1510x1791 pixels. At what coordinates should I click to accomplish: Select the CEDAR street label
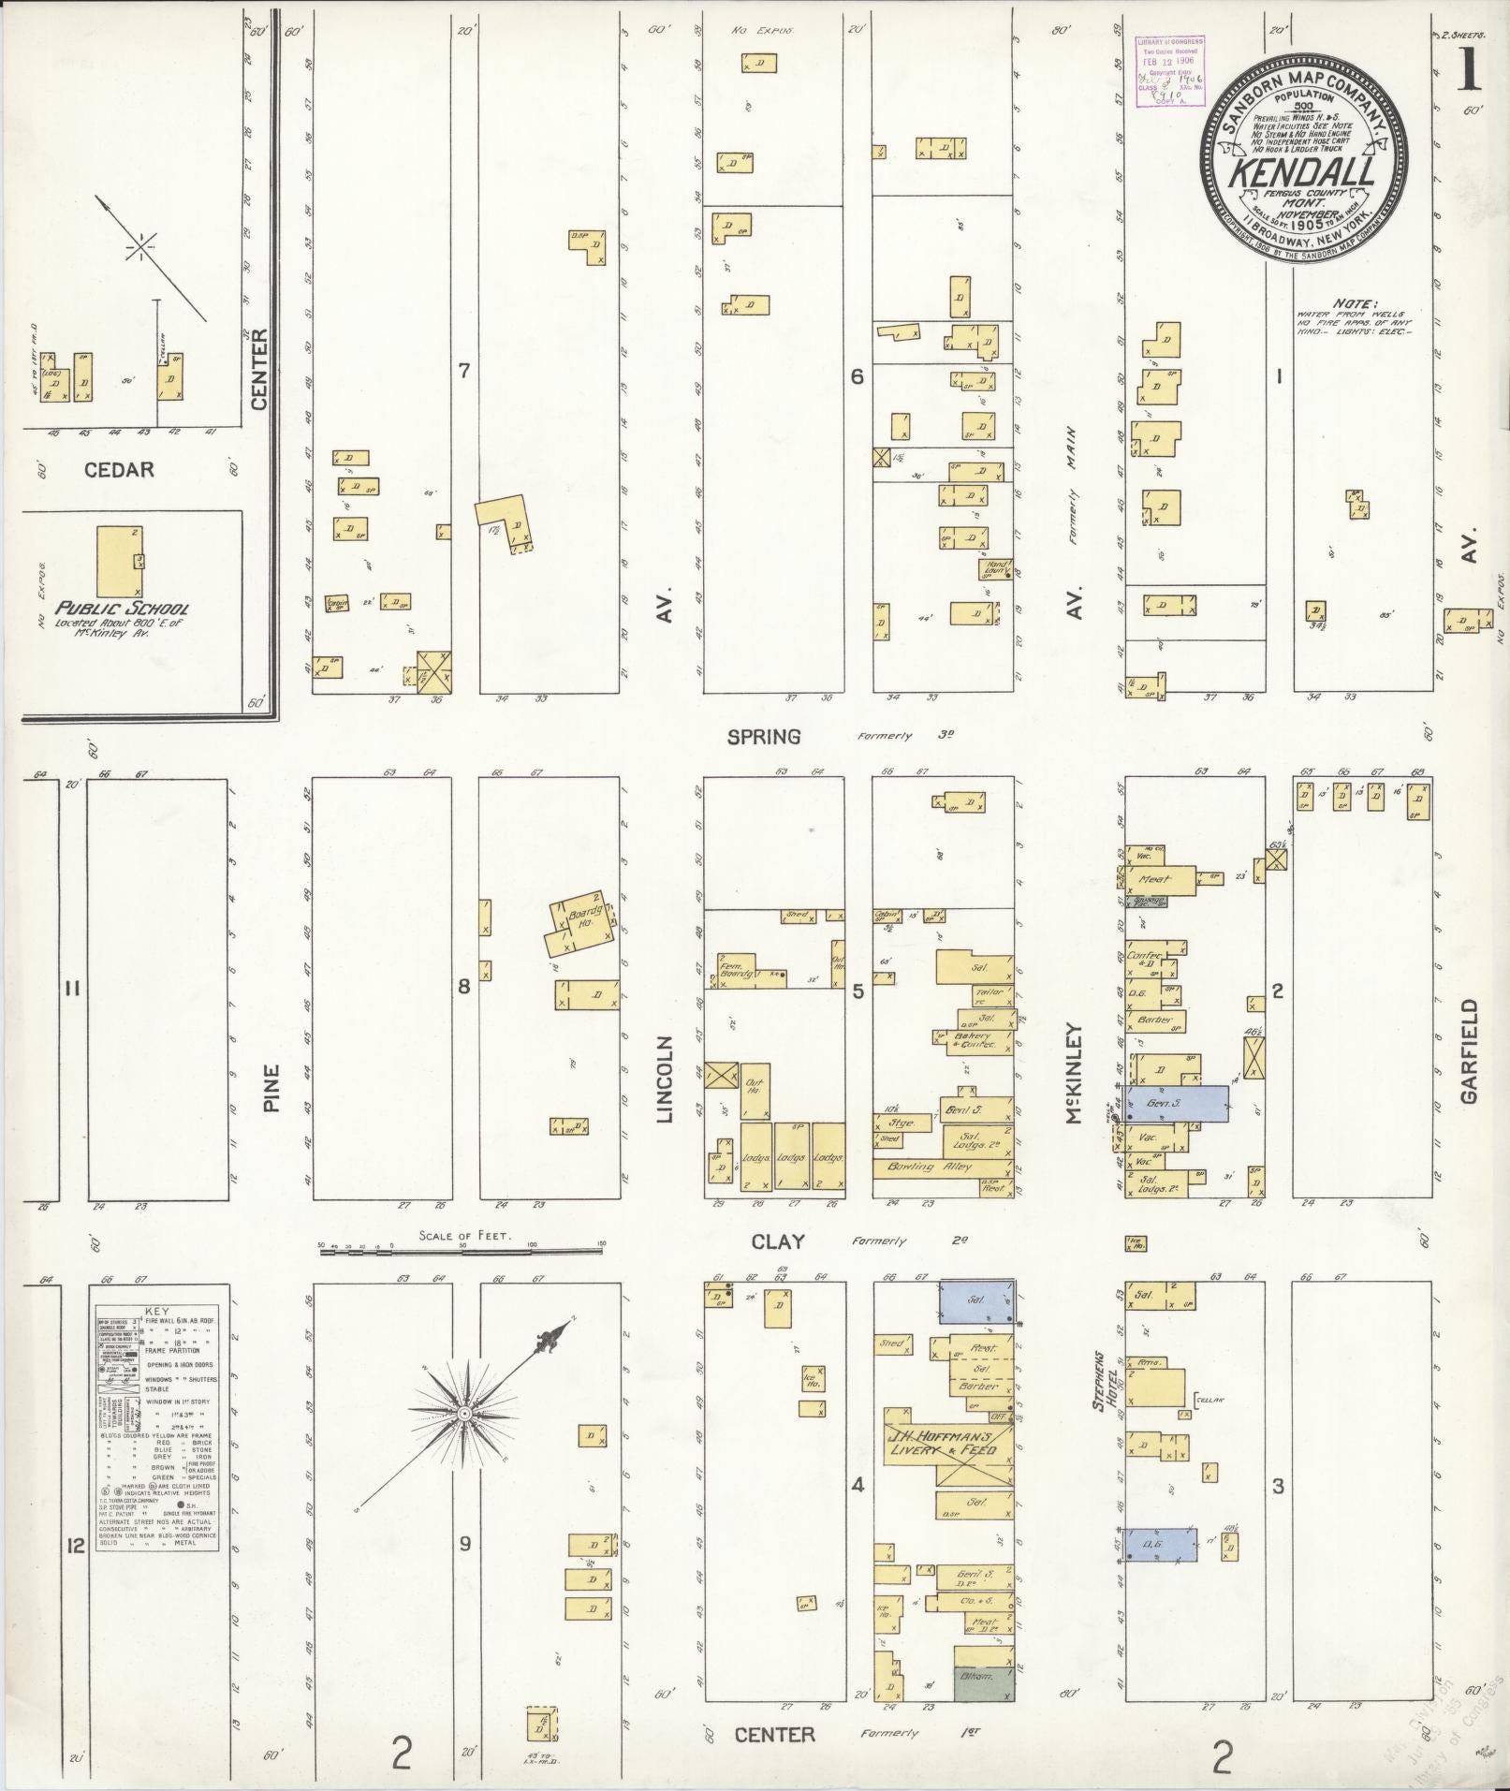(x=119, y=469)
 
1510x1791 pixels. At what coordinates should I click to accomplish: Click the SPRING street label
(x=764, y=737)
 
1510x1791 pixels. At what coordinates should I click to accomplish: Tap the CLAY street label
(x=778, y=1241)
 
